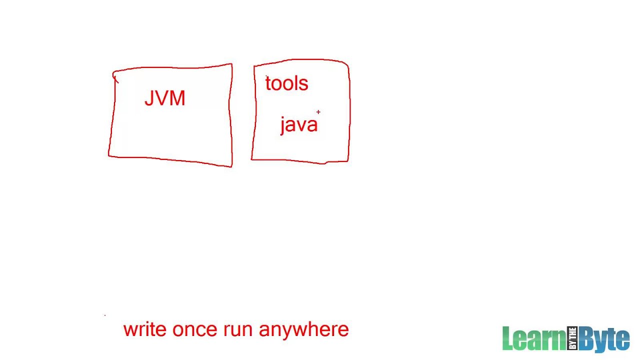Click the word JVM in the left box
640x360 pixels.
(164, 98)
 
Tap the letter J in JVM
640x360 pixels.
(148, 98)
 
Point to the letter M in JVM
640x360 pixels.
(177, 98)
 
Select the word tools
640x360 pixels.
(286, 83)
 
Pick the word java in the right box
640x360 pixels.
(298, 124)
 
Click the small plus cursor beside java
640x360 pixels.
(318, 112)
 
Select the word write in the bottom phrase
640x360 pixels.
(144, 329)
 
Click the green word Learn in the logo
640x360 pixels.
(533, 338)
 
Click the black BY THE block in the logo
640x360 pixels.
(572, 338)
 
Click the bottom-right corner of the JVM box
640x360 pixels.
(231, 165)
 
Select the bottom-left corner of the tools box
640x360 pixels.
(252, 159)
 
